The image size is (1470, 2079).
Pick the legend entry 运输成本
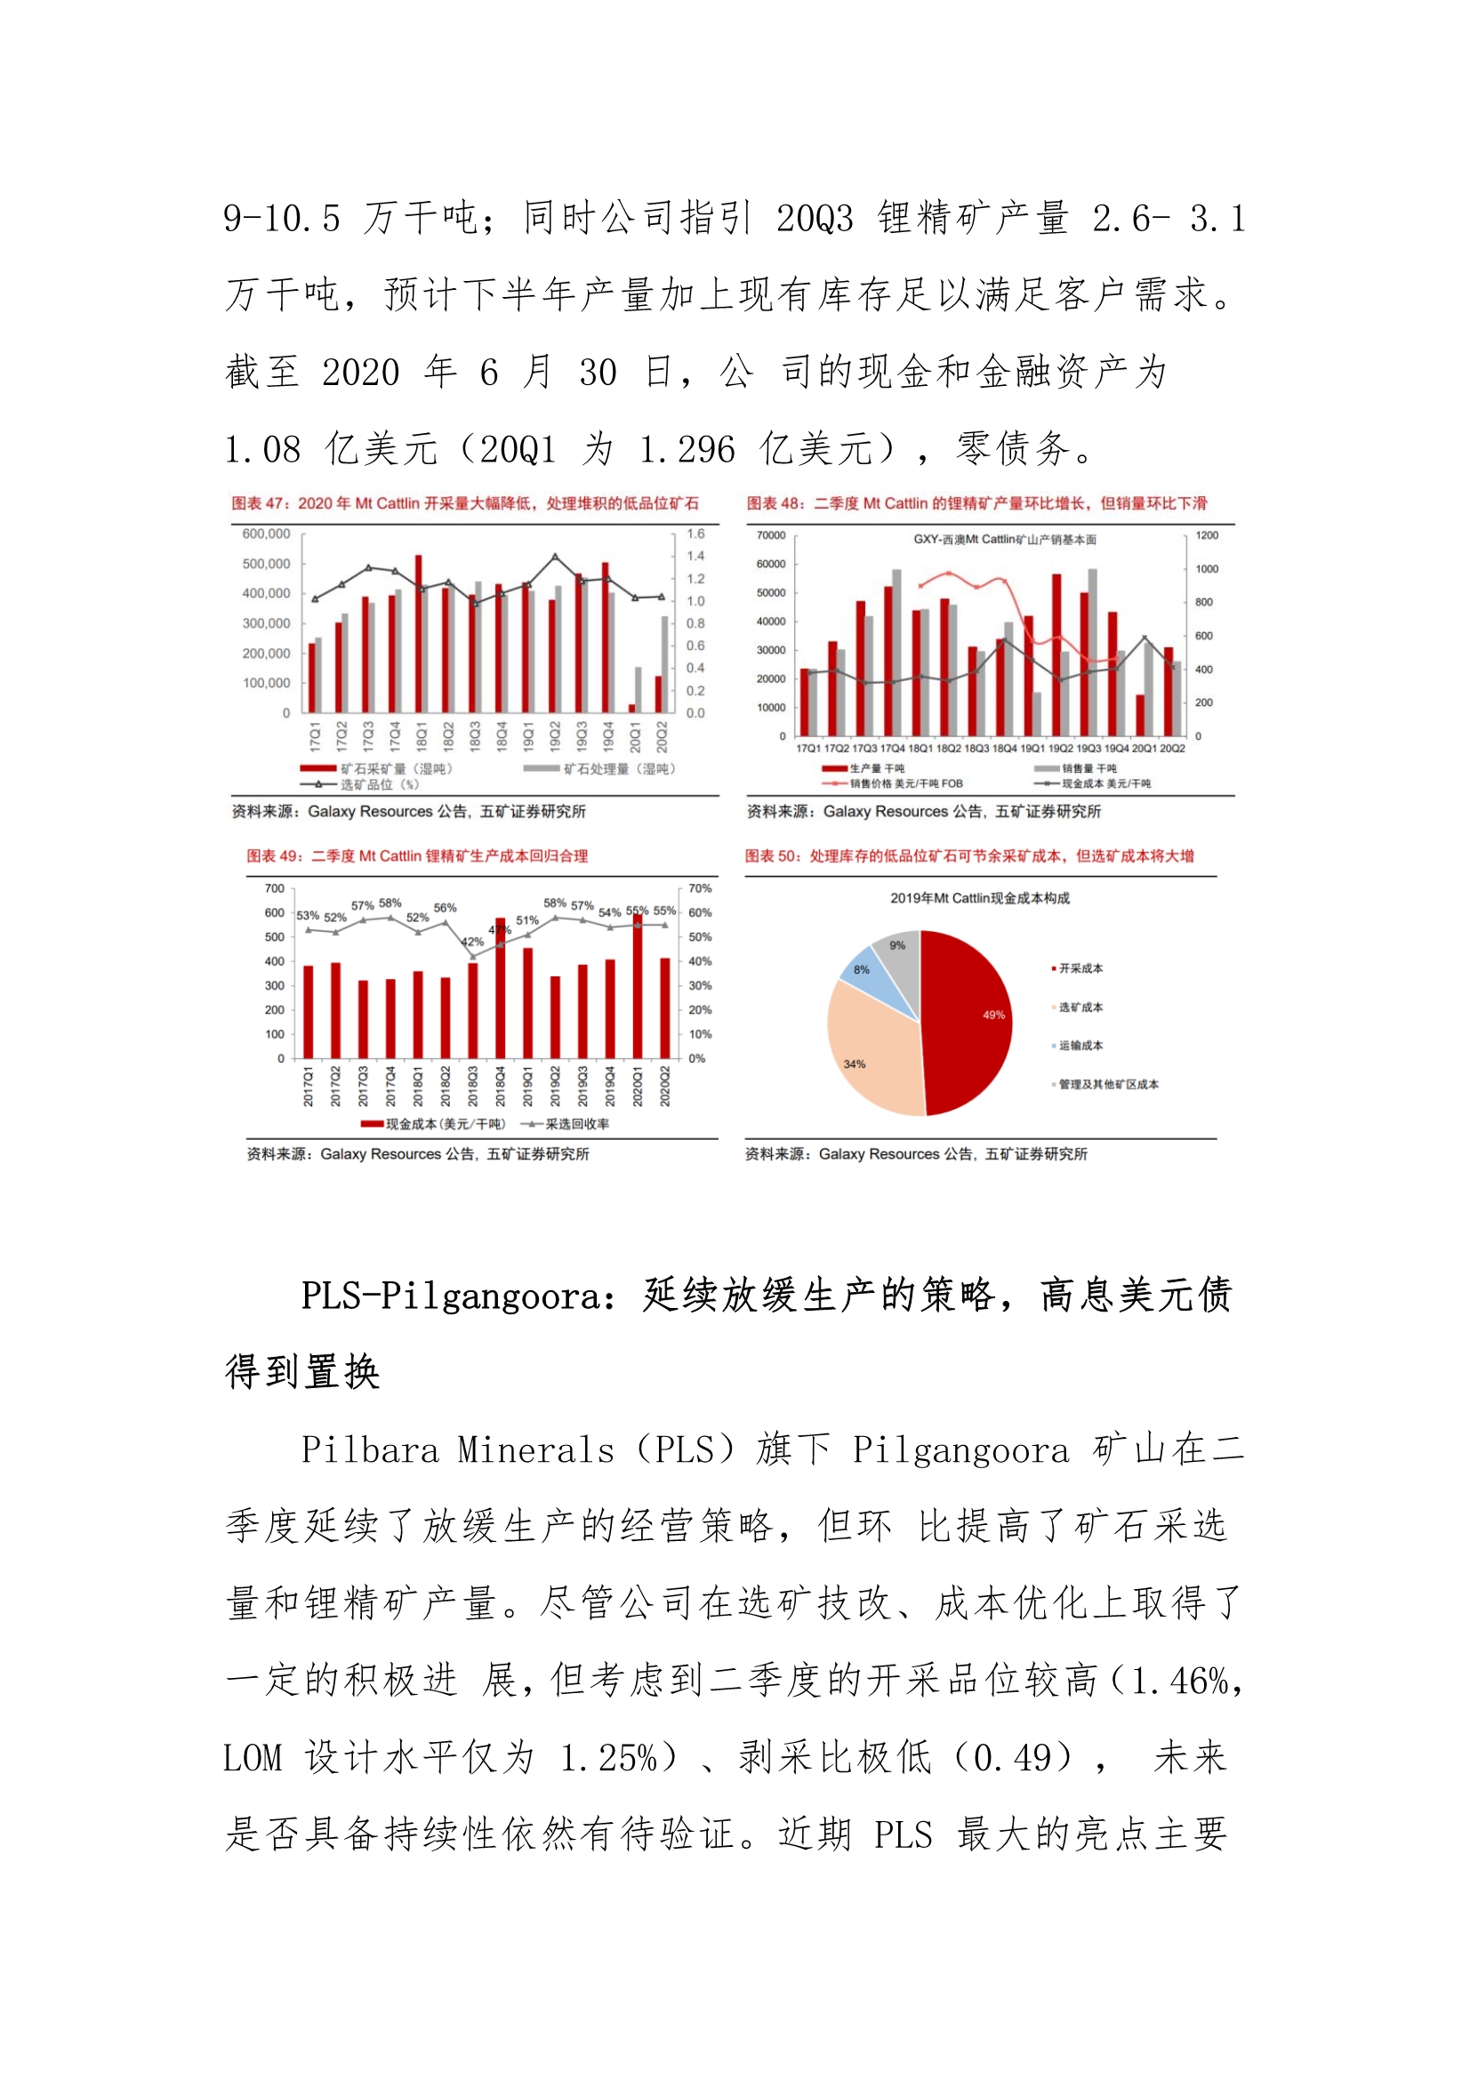pos(1080,1046)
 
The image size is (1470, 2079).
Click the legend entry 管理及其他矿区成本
pos(1108,1084)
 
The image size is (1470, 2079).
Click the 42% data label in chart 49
pos(473,942)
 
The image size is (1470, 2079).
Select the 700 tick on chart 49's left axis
pos(275,888)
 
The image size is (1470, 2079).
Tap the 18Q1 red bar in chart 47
pos(419,634)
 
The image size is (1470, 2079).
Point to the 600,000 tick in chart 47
pos(266,534)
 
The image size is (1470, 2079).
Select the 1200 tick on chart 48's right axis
pos(1207,535)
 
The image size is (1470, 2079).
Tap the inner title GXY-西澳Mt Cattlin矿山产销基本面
pos(1003,540)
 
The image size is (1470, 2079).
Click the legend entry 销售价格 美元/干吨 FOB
pos(905,783)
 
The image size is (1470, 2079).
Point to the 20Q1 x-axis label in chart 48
pos(1144,748)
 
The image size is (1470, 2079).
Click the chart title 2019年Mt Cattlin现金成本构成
pos(979,898)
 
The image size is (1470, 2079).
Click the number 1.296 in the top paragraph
pos(687,450)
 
